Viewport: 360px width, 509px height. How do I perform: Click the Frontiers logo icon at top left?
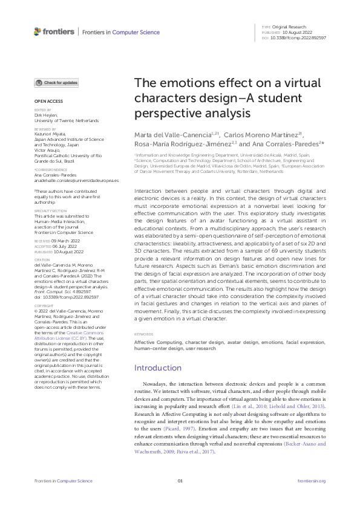(38, 31)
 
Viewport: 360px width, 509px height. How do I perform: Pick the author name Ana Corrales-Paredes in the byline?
(287, 144)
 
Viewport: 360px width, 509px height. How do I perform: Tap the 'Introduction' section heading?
(157, 368)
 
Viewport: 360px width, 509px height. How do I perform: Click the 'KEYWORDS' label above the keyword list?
(143, 334)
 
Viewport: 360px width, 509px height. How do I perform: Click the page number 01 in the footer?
(180, 481)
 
